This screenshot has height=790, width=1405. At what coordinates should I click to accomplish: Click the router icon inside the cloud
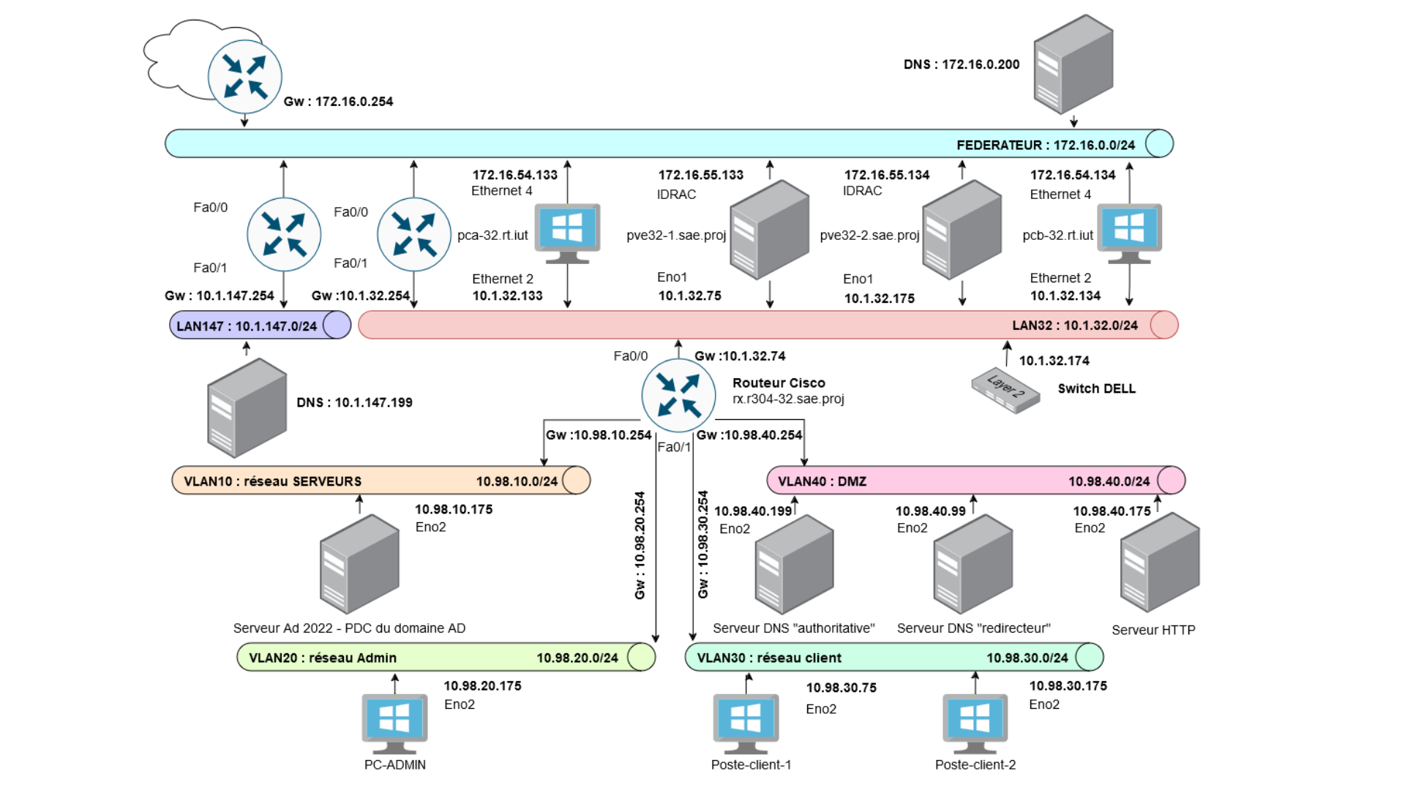tap(244, 77)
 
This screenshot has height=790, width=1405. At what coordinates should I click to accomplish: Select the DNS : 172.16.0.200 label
tap(961, 64)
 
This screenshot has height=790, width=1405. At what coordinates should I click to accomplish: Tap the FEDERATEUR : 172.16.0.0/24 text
tap(1045, 145)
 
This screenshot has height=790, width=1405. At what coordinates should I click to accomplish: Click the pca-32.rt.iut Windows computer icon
tap(567, 231)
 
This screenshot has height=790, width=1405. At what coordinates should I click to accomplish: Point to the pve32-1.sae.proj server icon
tap(769, 230)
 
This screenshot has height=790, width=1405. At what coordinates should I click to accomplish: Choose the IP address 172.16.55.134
tap(886, 175)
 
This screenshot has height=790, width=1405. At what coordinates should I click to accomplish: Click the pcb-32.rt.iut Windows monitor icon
tap(1129, 231)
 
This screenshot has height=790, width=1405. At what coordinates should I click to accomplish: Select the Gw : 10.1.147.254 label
tap(219, 296)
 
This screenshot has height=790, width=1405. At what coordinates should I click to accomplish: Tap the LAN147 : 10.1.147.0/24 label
tap(247, 326)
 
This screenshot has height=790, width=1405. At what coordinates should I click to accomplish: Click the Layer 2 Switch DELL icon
tap(1005, 389)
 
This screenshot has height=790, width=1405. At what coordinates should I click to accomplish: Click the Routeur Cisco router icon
tap(678, 395)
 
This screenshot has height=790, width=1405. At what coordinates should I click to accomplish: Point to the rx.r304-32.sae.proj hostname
tap(788, 399)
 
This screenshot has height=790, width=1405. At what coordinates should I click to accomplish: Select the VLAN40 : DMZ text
tap(822, 481)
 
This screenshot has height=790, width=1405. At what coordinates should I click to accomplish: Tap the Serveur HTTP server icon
tap(1159, 562)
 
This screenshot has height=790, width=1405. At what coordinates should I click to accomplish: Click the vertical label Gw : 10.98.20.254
tap(640, 545)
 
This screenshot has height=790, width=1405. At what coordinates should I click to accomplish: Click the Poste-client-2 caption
tap(975, 764)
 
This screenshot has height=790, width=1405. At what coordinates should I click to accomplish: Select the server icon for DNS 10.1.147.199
tap(247, 407)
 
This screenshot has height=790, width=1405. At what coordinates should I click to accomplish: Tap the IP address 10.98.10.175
tap(453, 509)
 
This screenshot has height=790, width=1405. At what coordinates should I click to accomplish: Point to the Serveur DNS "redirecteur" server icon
tap(973, 563)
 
